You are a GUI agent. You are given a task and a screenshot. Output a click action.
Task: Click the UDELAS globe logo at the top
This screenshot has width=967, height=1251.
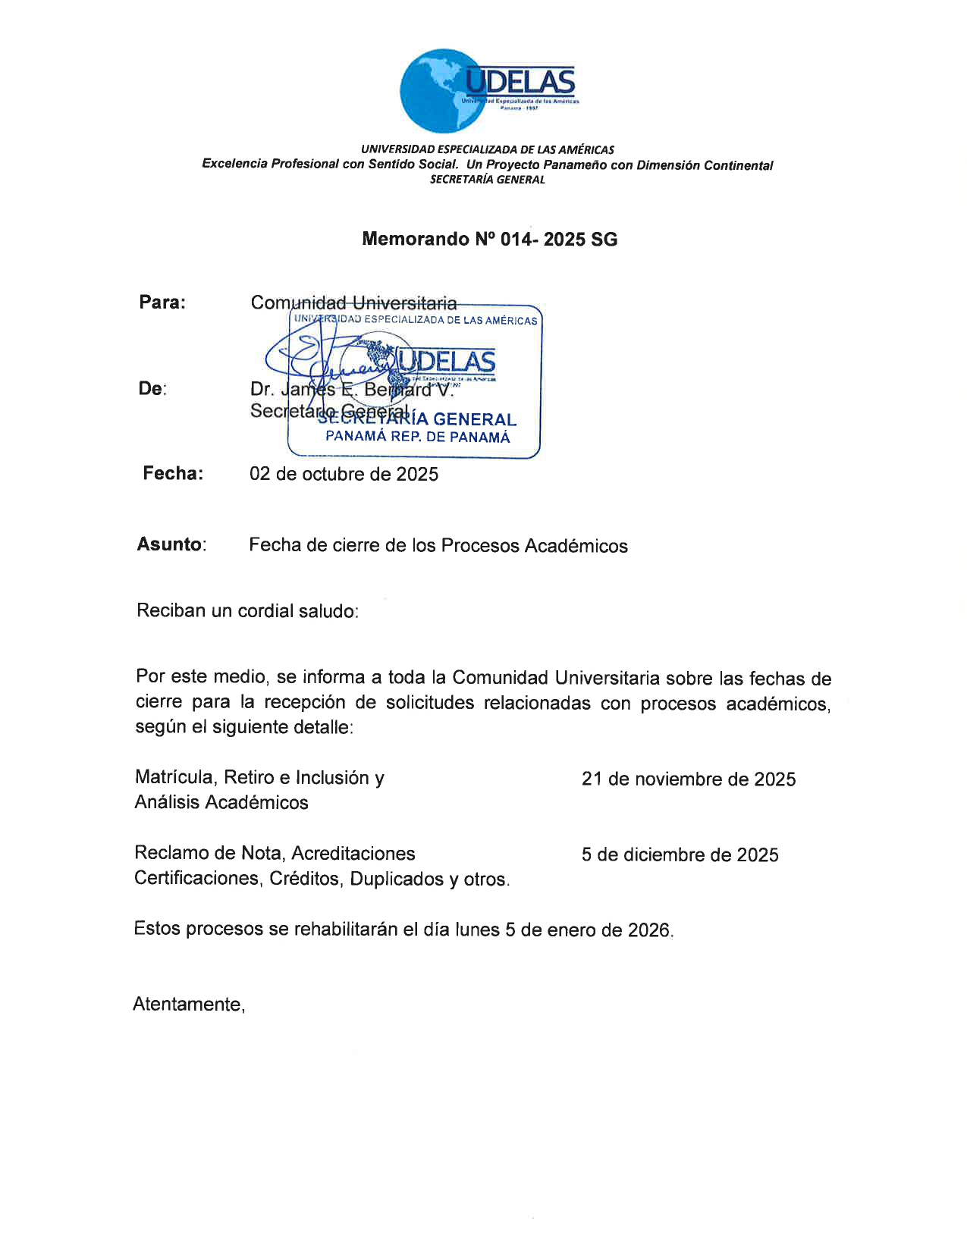[488, 90]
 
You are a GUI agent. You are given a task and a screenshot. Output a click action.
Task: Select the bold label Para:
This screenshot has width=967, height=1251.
[162, 303]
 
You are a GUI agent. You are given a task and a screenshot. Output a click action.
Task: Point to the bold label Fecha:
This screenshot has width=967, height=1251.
[173, 474]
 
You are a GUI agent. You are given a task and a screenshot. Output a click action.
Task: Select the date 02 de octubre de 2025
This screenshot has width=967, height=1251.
[344, 475]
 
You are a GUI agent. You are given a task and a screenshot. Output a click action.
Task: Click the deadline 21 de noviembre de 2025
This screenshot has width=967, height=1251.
[689, 779]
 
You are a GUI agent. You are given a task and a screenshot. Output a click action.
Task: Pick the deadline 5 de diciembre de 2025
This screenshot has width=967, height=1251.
[680, 855]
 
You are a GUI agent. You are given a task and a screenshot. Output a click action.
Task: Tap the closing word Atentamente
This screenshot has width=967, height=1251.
[188, 1005]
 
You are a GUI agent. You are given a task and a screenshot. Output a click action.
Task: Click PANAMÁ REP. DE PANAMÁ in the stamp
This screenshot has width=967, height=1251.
[418, 437]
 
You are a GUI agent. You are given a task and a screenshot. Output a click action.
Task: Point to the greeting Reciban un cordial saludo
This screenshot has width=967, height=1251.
[247, 611]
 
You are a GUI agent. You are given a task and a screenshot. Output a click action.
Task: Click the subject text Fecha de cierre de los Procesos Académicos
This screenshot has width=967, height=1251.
[438, 546]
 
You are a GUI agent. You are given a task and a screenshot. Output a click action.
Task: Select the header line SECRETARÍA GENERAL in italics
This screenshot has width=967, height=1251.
[487, 180]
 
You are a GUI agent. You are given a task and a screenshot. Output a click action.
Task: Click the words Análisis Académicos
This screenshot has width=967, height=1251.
[221, 802]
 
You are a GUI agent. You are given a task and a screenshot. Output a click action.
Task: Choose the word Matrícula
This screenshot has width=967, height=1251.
[174, 777]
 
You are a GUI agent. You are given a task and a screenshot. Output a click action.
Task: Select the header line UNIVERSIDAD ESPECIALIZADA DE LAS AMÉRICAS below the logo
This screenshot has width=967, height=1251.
[487, 150]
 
